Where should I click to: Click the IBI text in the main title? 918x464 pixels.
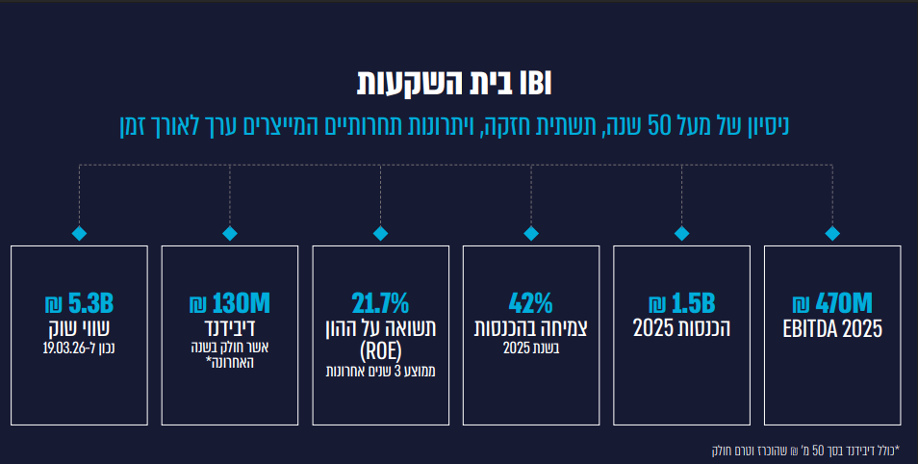536,83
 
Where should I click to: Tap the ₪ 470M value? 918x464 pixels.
832,303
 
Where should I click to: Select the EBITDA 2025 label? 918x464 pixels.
832,328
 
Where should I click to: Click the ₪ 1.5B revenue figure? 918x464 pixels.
681,303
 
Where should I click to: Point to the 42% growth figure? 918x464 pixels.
530,303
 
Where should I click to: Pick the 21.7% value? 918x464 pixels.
380,303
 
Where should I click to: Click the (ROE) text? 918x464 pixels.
380,351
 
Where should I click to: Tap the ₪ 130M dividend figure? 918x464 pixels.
229,303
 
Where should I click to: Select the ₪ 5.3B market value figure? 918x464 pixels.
79,303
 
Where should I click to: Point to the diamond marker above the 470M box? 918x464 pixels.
832,233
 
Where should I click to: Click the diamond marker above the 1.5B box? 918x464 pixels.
681,233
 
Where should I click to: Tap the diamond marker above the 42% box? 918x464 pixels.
531,233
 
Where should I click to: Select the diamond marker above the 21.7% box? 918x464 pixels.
380,233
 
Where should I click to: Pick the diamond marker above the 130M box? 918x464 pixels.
229,233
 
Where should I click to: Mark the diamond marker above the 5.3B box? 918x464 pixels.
79,233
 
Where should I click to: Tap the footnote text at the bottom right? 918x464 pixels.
805,451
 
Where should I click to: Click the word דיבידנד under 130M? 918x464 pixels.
229,328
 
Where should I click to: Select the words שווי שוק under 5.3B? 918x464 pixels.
79,328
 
